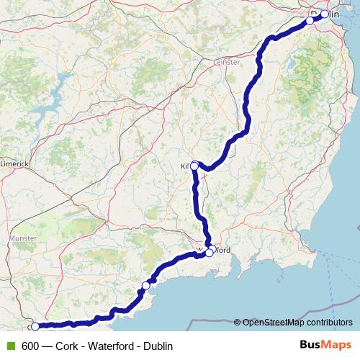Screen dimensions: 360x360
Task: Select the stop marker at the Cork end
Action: point(35,327)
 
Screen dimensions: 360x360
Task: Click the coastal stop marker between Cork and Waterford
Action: point(145,287)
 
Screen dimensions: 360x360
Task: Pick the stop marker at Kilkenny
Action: point(194,165)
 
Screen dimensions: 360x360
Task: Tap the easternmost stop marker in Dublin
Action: point(325,14)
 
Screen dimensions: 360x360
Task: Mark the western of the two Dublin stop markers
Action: point(310,21)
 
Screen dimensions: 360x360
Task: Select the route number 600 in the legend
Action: point(30,346)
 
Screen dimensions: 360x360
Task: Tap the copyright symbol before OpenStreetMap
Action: point(238,323)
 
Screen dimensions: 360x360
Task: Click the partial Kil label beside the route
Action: point(184,166)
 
